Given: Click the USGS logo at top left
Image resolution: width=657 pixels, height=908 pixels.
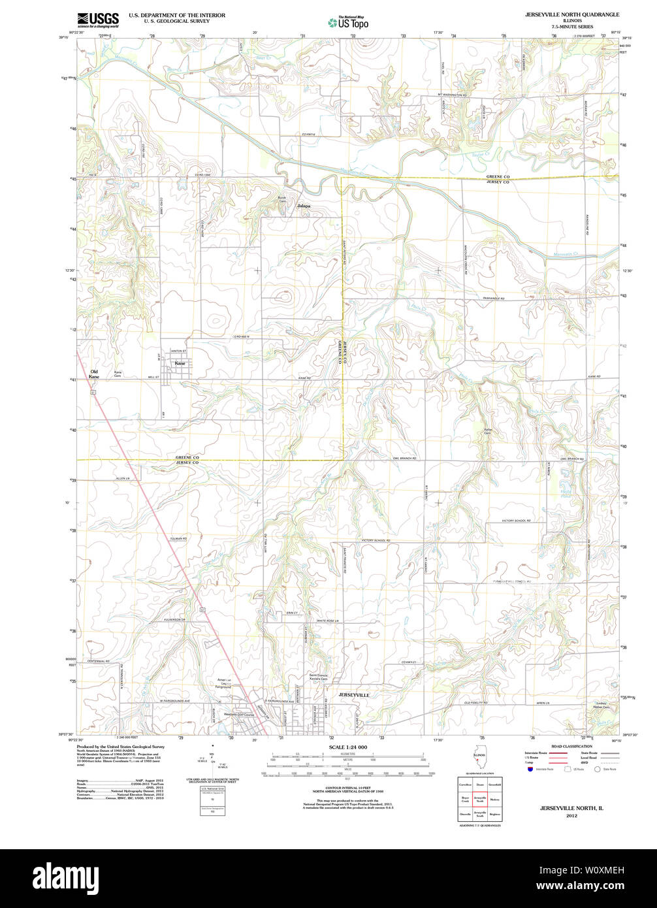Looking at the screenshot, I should coord(97,19).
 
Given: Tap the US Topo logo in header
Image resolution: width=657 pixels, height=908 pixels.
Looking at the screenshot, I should coord(348,23).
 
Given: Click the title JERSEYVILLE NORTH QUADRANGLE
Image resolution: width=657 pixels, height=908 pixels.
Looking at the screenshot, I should coord(572,14).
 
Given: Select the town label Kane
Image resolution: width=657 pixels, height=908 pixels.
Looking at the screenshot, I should coord(180,363).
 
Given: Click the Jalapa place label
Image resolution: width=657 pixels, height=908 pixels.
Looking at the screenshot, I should coord(304,206).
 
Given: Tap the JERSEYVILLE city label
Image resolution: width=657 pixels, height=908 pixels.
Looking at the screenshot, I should coord(354,695).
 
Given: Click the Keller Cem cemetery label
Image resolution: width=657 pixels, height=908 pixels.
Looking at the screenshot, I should coord(487,431).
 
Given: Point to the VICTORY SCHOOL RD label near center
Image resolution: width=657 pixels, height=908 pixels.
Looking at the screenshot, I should coord(376,541).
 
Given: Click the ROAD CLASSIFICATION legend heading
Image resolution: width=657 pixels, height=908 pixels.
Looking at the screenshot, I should coord(571,746).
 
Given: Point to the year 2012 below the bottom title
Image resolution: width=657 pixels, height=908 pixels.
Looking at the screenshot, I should coord(571,816).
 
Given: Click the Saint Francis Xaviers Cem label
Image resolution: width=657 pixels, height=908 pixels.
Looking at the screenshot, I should coord(318,677).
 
